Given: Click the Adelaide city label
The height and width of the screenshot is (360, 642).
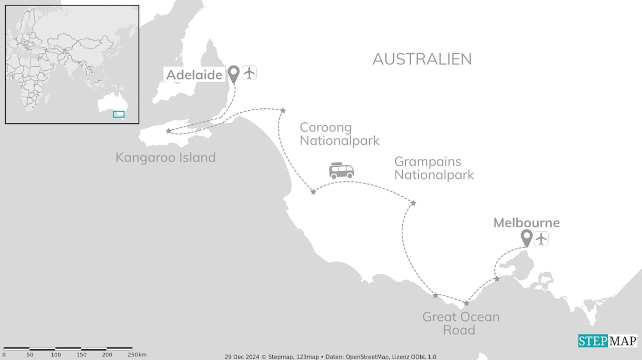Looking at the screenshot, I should [194, 75].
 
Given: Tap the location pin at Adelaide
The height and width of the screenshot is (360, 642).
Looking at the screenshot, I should [233, 74].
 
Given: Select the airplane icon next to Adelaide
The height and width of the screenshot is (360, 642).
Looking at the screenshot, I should [249, 73].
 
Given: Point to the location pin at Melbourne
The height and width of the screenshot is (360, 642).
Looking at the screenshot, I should [526, 237].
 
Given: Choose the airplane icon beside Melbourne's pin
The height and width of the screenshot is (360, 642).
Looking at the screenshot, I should [541, 238].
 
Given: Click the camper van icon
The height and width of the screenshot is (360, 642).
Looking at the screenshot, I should [341, 170].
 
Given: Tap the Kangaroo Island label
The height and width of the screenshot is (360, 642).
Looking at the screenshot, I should [166, 157].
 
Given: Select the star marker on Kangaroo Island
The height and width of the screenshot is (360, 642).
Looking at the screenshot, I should [168, 131].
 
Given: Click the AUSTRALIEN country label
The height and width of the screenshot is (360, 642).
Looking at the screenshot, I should [422, 59].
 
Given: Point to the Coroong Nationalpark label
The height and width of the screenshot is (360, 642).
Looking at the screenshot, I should [340, 134].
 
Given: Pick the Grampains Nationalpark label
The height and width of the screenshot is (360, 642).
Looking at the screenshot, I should [434, 168].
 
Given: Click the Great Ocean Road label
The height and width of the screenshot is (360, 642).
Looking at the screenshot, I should [460, 323].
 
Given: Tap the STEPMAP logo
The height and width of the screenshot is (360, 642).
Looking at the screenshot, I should [607, 341].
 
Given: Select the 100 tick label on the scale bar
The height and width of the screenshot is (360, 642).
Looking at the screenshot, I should [56, 355].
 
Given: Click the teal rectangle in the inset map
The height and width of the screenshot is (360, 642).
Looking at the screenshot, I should [118, 114].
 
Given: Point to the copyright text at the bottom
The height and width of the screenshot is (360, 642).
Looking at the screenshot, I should [330, 356].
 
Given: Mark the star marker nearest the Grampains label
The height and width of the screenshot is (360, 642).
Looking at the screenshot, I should [413, 203].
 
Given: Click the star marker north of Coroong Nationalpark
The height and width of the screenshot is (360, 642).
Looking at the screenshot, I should [283, 110].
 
